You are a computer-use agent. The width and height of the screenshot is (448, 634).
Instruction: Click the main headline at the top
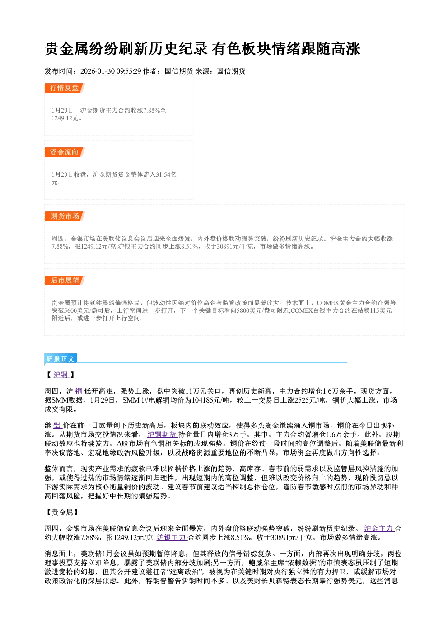click(202, 49)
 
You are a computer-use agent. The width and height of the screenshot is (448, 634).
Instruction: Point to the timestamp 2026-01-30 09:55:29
click(111, 71)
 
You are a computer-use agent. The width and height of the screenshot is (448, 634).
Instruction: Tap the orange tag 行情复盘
click(65, 88)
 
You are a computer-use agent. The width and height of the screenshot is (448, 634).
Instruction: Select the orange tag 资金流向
click(65, 152)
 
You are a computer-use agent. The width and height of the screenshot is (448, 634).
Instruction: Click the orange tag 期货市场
click(65, 216)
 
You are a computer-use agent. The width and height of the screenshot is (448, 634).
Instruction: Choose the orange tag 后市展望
click(65, 281)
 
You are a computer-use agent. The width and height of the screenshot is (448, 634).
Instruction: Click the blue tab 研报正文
click(61, 359)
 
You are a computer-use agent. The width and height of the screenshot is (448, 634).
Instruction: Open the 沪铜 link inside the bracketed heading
click(61, 375)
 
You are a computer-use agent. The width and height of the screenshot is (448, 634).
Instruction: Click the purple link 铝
click(57, 425)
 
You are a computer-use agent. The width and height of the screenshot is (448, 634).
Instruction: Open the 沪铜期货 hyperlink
click(162, 434)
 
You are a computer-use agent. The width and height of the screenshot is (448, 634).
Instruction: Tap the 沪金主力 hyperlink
click(379, 528)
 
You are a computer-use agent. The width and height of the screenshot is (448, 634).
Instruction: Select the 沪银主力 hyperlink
click(172, 537)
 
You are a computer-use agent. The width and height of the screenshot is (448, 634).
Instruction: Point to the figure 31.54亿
click(166, 174)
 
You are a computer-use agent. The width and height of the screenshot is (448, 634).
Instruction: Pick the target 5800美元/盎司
click(255, 310)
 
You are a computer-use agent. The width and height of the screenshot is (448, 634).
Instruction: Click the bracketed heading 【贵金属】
click(62, 512)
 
